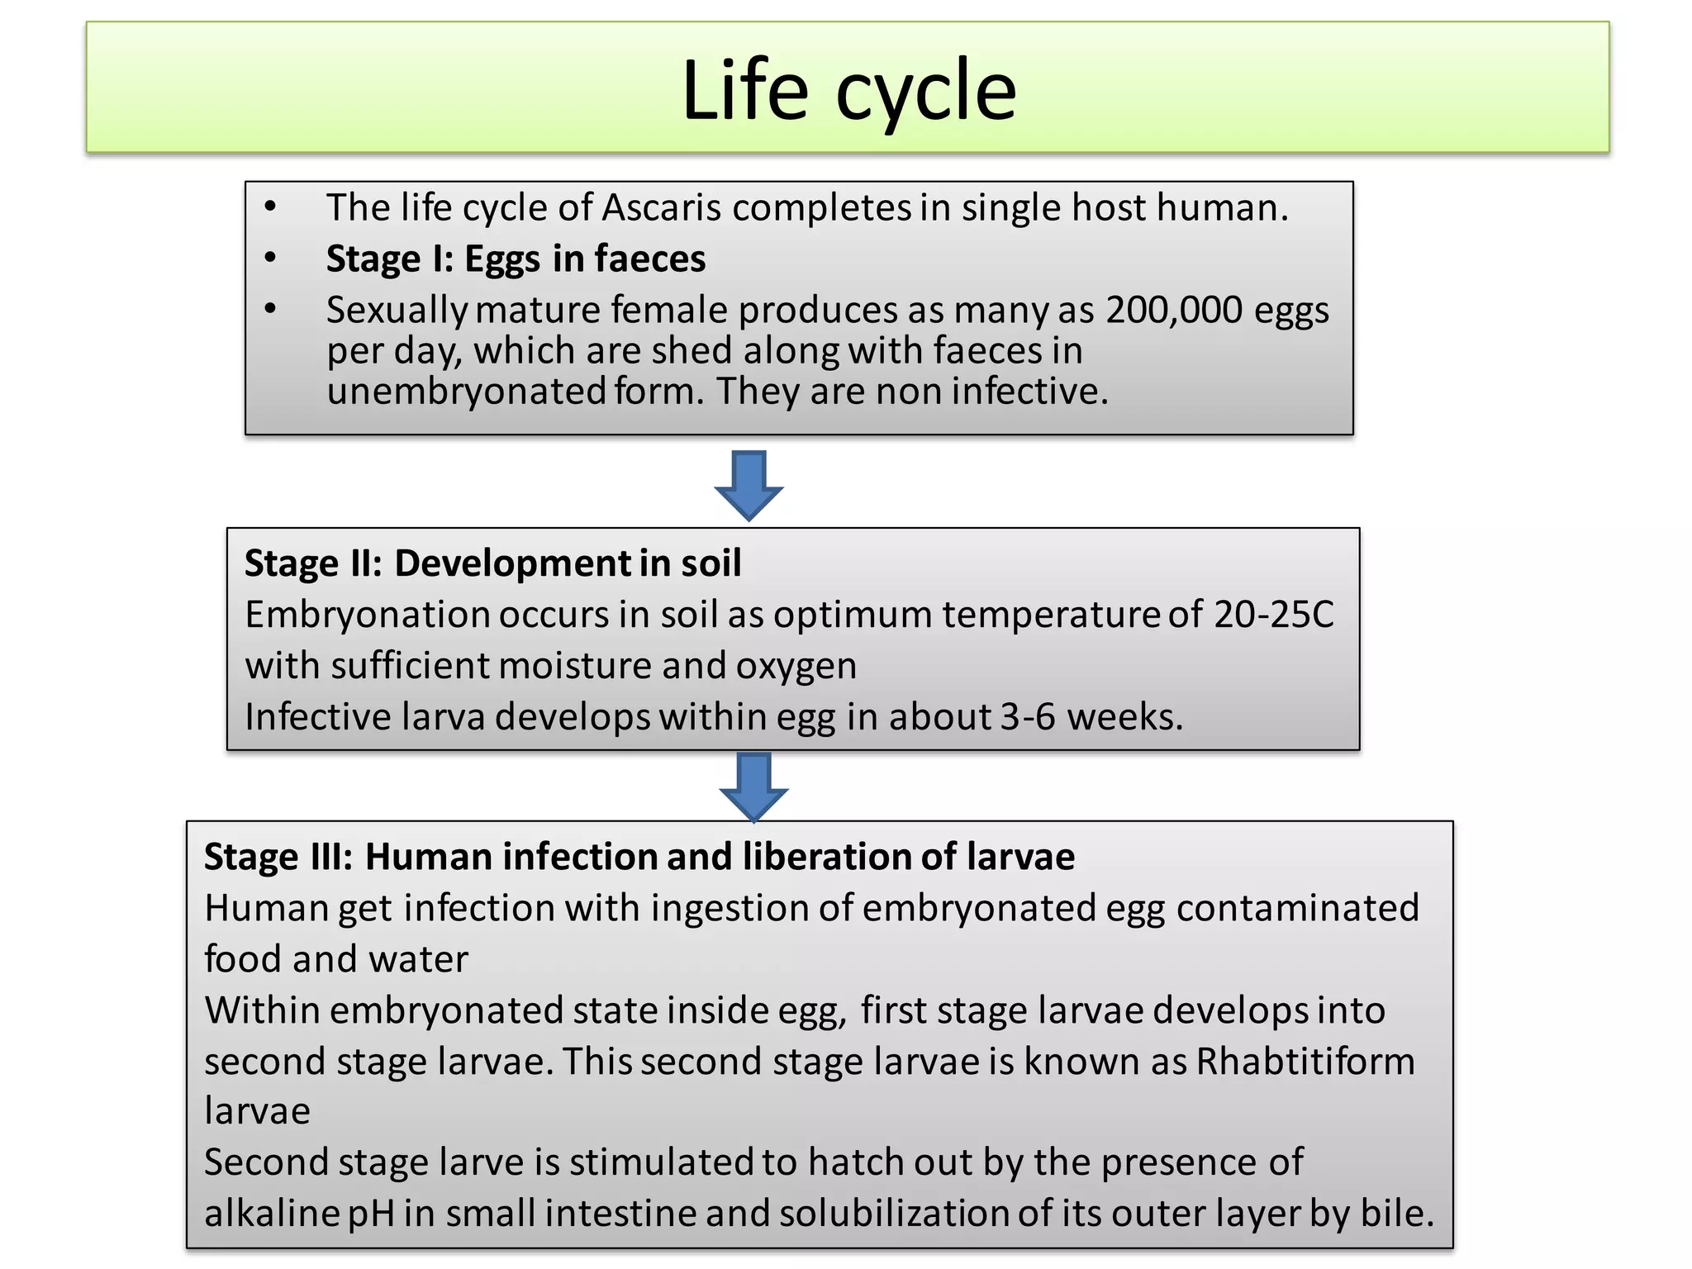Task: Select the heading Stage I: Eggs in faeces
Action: tap(516, 259)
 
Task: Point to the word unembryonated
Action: tap(467, 392)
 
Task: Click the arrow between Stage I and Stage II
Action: tap(749, 485)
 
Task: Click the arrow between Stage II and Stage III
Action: tap(753, 786)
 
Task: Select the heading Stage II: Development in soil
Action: tap(492, 563)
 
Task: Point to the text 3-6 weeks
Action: tap(1091, 717)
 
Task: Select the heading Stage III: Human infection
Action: tap(639, 857)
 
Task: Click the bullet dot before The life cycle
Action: tap(270, 207)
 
